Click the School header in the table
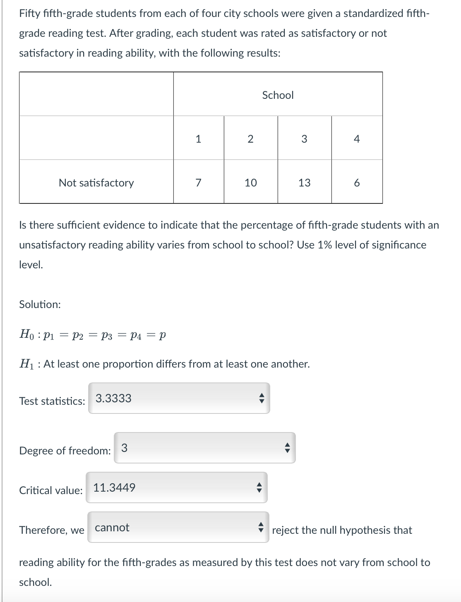(x=278, y=95)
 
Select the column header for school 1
(x=198, y=139)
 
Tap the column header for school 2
(x=250, y=139)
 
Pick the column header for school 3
(x=304, y=139)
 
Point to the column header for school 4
(x=357, y=139)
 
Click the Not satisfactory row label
(x=96, y=183)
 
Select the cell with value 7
(x=198, y=183)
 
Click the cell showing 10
(x=250, y=183)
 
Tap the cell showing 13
(x=304, y=183)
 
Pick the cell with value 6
(x=357, y=183)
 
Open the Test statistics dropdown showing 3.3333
(x=179, y=398)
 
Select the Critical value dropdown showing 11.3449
(x=176, y=487)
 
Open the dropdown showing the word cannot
(x=178, y=527)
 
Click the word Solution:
(x=40, y=304)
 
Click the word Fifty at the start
(x=30, y=13)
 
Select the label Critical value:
(x=50, y=490)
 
